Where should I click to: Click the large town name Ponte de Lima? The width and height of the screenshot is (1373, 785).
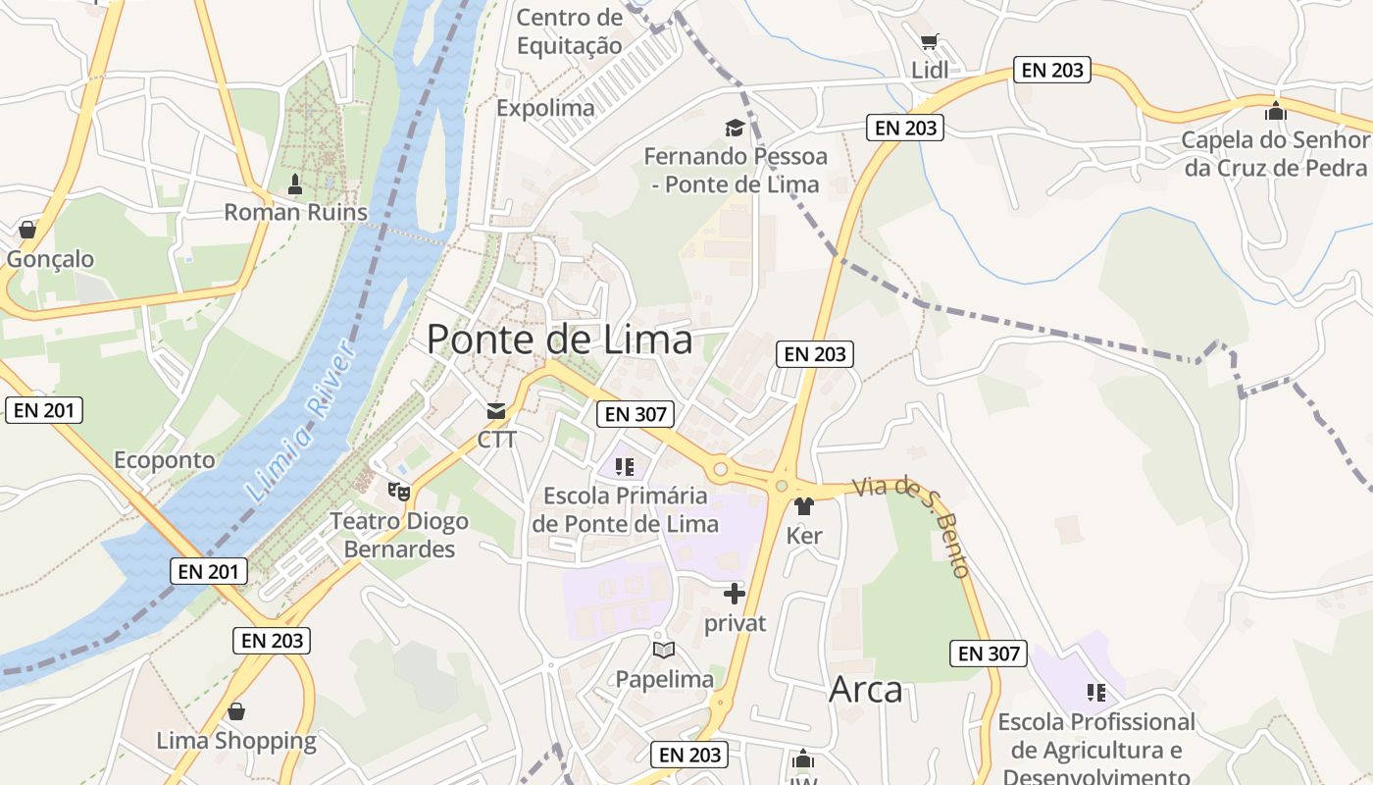coord(559,340)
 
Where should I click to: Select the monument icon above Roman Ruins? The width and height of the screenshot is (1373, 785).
coord(294,184)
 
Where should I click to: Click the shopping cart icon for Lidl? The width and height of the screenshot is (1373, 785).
coord(930,42)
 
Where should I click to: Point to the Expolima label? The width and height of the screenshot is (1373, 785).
coord(545,108)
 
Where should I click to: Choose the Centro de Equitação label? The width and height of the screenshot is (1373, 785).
coord(569,31)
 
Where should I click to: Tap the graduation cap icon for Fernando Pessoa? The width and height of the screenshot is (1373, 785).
coord(735,128)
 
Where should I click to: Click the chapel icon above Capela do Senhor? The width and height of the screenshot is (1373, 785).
coord(1275,111)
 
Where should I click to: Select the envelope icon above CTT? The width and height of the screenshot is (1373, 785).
coord(496,411)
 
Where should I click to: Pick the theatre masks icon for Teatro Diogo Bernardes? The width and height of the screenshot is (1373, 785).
coord(398,490)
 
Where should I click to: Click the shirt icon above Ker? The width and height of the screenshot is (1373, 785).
coord(804,506)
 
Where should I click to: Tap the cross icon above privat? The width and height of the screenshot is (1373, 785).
coord(735,593)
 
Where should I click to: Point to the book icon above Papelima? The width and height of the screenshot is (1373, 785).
coord(664,650)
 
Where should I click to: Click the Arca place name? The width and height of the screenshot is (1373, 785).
coord(865,689)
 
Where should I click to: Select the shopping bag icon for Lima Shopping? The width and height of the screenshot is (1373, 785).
coord(236,711)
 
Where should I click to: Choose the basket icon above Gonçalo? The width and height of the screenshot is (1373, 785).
coord(27,230)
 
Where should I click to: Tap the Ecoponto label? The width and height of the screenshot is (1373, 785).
coord(164,459)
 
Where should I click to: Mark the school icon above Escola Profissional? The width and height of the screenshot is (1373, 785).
coord(1095,693)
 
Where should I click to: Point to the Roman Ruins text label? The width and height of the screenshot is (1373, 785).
coord(295,212)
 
